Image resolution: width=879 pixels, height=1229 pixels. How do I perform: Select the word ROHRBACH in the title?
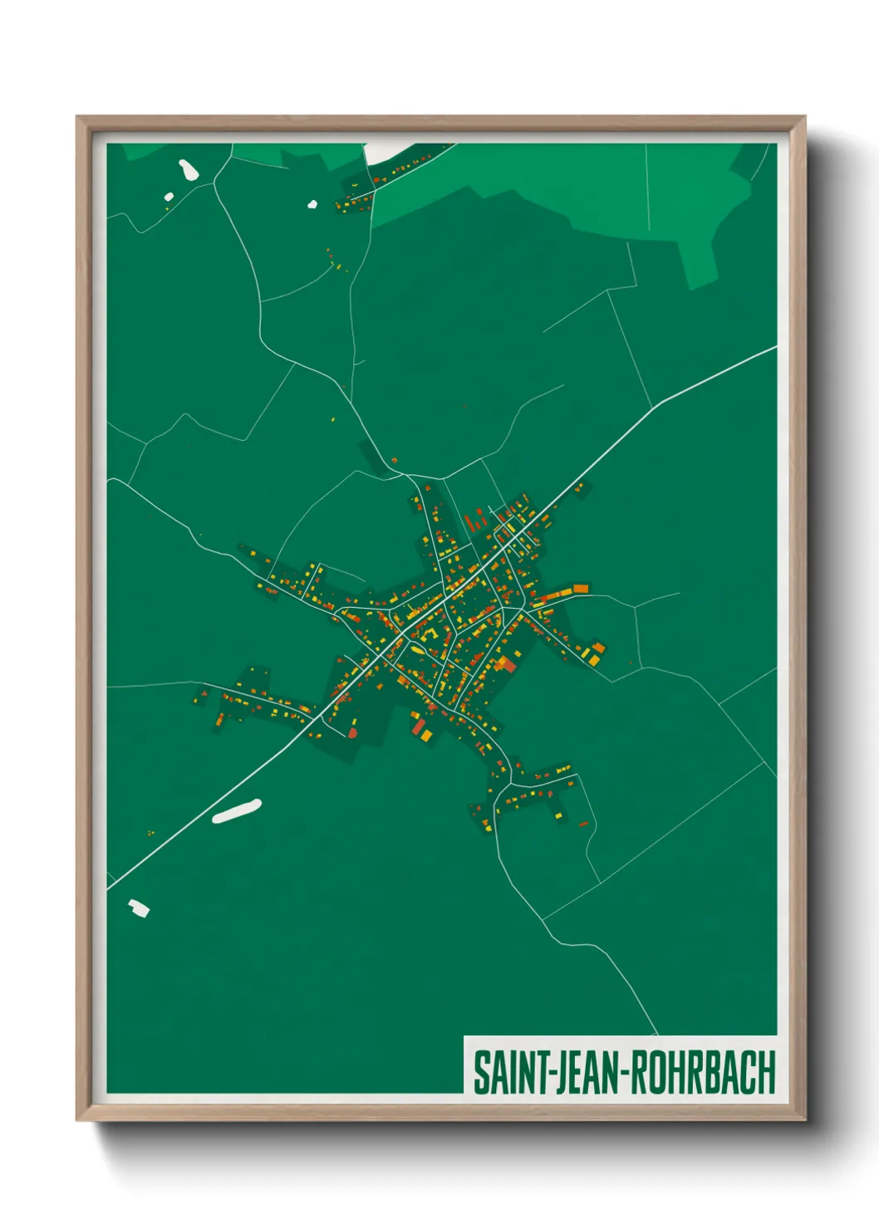tap(703, 1072)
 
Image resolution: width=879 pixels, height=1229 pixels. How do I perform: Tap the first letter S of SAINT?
tap(481, 1072)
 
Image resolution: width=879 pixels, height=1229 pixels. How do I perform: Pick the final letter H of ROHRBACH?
tap(767, 1072)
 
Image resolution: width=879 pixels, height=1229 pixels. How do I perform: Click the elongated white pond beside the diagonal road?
tap(237, 811)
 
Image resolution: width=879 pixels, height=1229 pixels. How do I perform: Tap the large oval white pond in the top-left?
tap(189, 169)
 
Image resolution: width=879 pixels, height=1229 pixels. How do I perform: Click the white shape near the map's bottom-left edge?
tap(139, 908)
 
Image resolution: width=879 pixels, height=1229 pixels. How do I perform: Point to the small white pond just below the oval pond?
tap(169, 198)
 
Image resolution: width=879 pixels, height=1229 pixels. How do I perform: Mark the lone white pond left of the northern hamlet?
tap(312, 203)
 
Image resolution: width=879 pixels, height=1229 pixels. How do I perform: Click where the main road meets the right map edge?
tap(775, 348)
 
